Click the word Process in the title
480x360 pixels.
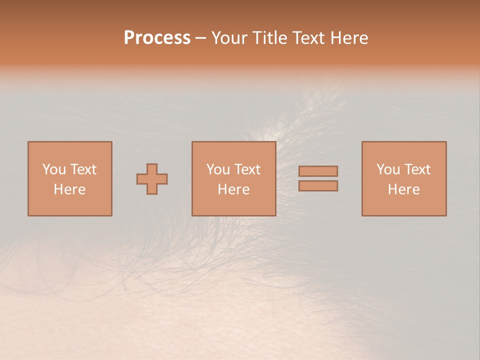[x=157, y=38]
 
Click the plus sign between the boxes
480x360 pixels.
[x=152, y=179]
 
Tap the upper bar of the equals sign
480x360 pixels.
[x=318, y=171]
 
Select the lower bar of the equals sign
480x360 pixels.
[x=318, y=186]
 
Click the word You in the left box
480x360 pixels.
[x=54, y=169]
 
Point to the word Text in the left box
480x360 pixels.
[x=82, y=169]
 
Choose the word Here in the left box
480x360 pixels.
[x=69, y=189]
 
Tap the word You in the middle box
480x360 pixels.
[x=218, y=169]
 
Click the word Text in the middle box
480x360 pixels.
[x=246, y=169]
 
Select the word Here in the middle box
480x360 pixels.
[x=233, y=189]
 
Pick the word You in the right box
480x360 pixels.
[x=388, y=169]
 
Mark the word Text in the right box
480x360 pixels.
[x=416, y=169]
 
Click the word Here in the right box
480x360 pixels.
[x=403, y=189]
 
